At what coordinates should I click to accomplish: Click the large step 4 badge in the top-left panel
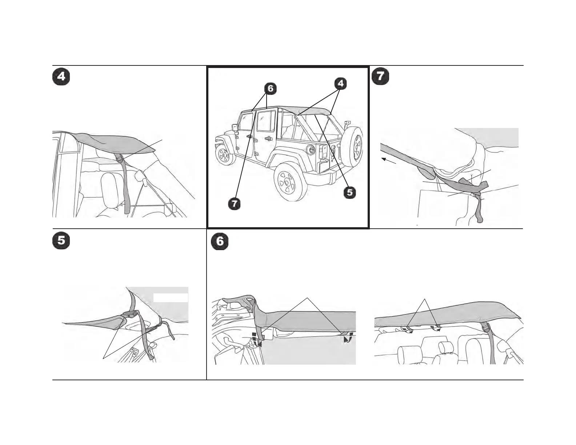coord(61,77)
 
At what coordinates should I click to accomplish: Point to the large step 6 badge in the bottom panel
coord(220,242)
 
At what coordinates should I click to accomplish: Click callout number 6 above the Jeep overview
coord(270,88)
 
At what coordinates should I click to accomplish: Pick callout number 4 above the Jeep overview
coord(340,84)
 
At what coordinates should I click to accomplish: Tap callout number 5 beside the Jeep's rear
coord(350,192)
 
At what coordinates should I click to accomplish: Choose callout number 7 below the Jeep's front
coord(235,203)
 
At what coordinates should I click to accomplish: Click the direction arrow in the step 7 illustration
coord(388,161)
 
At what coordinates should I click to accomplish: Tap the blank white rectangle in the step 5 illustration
coord(171,297)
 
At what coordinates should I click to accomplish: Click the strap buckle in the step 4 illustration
coord(119,158)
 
